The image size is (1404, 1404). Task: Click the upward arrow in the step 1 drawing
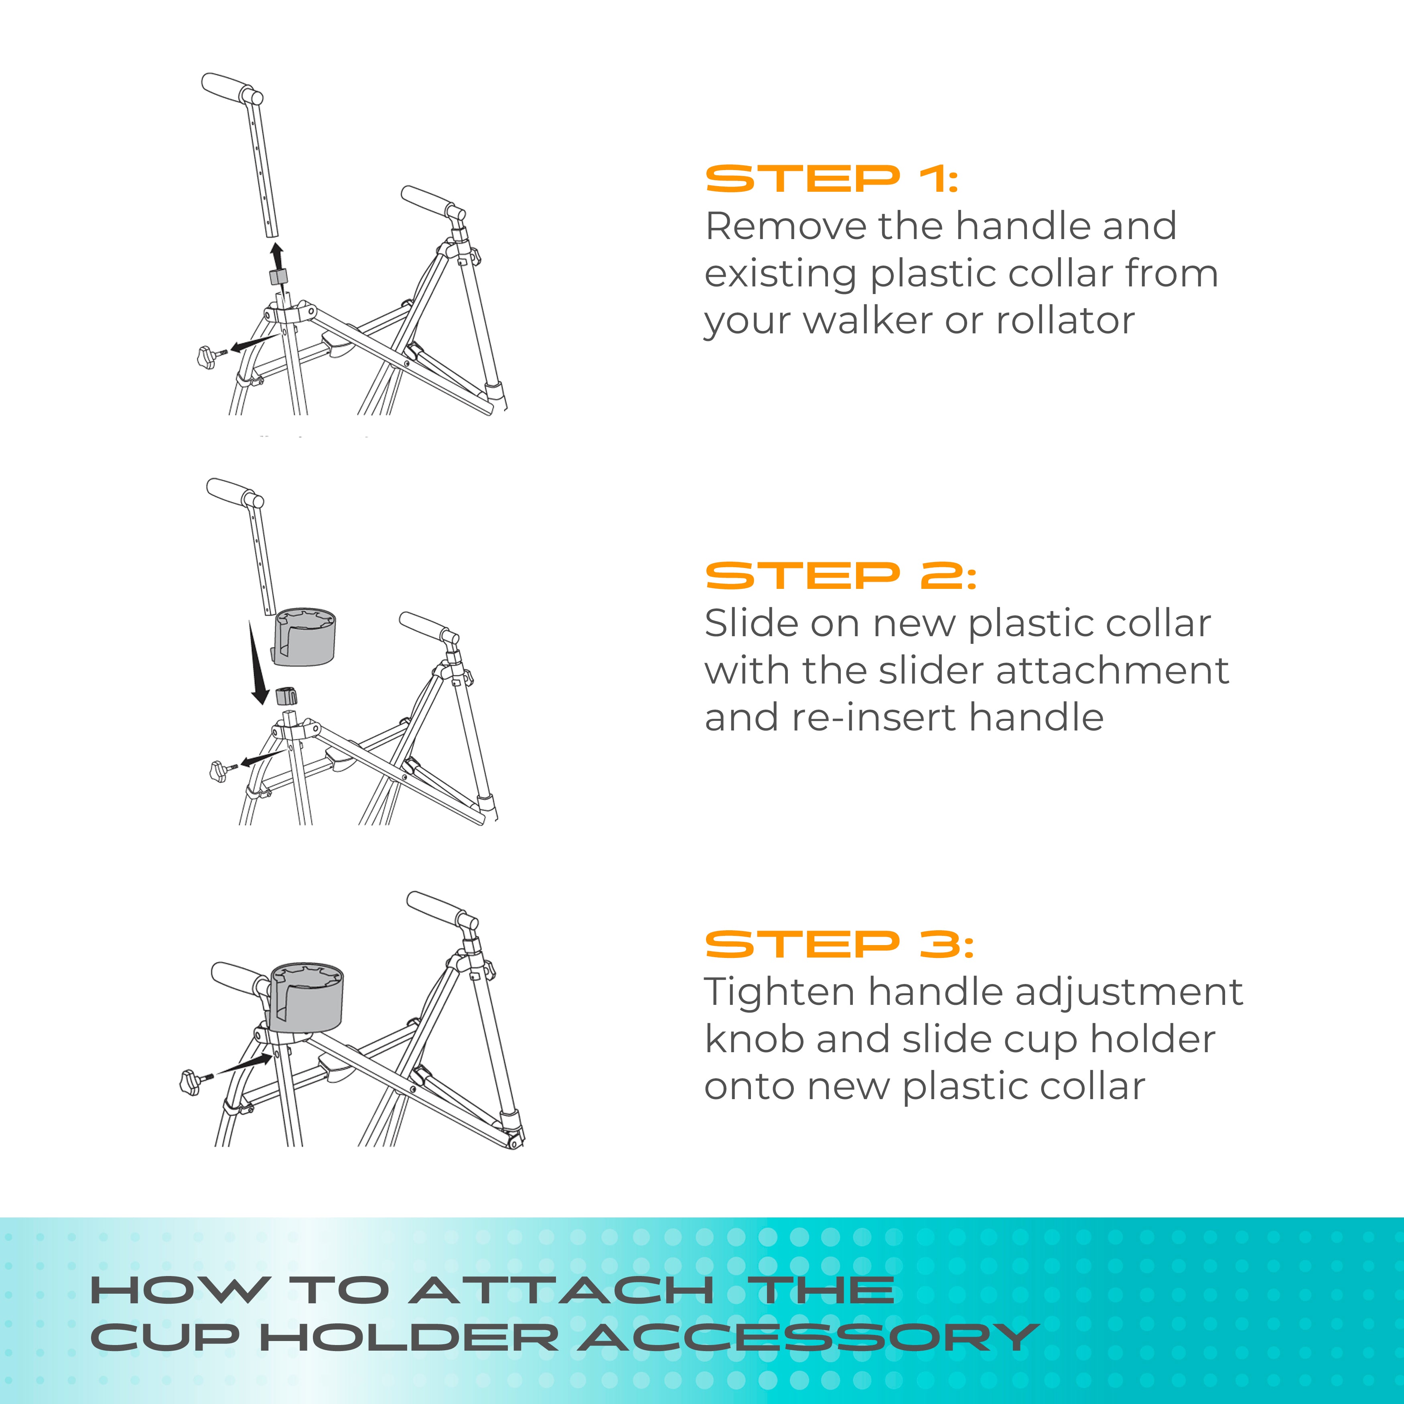click(276, 256)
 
